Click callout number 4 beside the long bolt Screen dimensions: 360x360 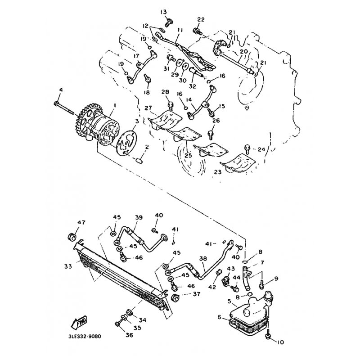[59, 91]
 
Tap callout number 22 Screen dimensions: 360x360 [200, 19]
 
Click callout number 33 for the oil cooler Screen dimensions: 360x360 [67, 266]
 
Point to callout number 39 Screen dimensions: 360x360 [139, 217]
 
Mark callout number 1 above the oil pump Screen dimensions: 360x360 [115, 105]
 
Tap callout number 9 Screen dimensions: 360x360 [276, 279]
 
